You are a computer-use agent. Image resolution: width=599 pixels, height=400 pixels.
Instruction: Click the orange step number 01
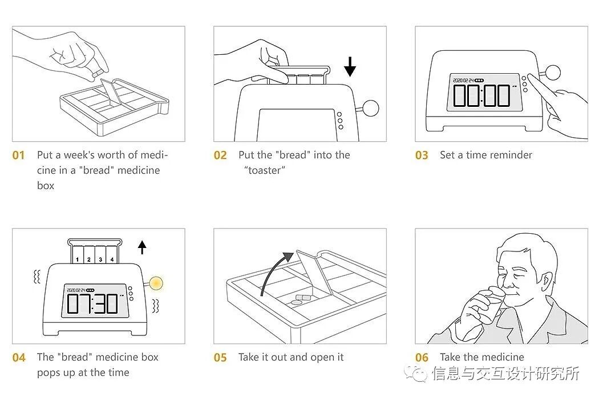(x=19, y=155)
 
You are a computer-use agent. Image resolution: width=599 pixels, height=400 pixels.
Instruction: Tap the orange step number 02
(x=220, y=155)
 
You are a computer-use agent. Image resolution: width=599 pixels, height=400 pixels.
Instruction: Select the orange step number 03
(x=422, y=155)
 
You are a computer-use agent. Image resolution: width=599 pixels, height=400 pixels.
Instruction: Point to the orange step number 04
(x=19, y=358)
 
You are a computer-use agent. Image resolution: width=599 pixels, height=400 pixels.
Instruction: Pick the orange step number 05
(x=220, y=358)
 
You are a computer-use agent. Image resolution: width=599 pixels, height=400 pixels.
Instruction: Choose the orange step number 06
(x=422, y=358)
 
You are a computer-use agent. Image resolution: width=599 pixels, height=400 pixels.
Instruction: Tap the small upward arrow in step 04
(x=142, y=247)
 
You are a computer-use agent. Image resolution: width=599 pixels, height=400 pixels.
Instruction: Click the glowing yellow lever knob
(x=155, y=282)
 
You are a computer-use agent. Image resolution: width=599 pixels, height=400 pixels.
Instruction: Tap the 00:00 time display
(x=481, y=95)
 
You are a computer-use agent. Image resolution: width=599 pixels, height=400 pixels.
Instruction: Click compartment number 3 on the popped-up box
(x=101, y=259)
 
